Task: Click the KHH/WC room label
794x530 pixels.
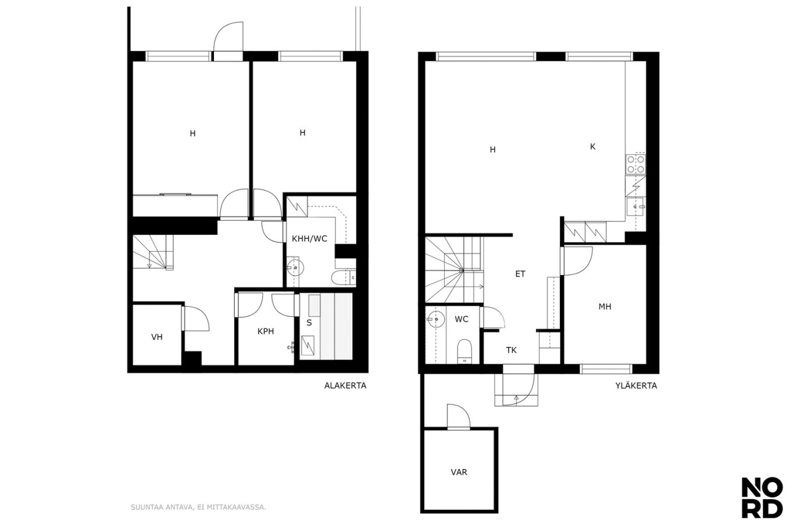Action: [309, 239]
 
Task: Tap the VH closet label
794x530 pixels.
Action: [157, 337]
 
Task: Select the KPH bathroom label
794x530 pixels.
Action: [266, 331]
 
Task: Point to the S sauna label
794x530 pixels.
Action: [309, 323]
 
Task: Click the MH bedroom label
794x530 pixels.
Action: [605, 306]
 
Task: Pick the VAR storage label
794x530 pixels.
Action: [459, 472]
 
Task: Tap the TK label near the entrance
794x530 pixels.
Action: [511, 350]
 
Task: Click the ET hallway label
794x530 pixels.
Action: [520, 274]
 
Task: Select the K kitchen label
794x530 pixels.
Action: [593, 146]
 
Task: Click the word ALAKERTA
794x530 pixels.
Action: [345, 385]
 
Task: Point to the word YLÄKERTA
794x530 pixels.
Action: [636, 385]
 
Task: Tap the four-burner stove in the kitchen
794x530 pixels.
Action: [635, 164]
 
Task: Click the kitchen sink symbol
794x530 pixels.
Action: [636, 206]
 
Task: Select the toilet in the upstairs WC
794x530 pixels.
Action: [464, 351]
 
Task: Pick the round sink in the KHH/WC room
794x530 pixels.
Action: [295, 268]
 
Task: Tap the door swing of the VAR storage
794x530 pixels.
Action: [459, 417]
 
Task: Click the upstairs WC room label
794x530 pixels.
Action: [461, 319]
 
